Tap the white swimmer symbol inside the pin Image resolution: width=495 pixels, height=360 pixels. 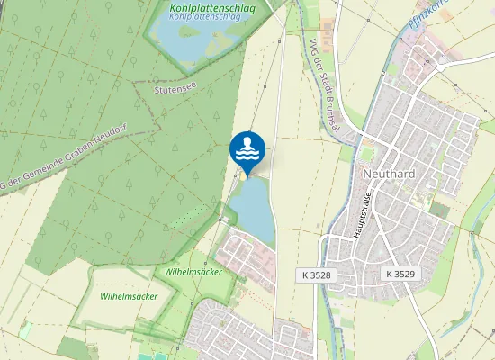click(x=247, y=147)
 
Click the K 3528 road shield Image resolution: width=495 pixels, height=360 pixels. click(x=318, y=274)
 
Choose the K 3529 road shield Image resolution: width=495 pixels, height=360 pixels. click(x=401, y=274)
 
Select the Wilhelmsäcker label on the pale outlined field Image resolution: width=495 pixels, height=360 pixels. click(x=129, y=296)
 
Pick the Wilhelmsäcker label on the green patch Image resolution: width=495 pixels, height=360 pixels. click(x=193, y=271)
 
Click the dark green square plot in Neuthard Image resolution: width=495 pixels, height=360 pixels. click(x=438, y=210)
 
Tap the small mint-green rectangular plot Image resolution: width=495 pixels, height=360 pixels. click(x=25, y=330)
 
